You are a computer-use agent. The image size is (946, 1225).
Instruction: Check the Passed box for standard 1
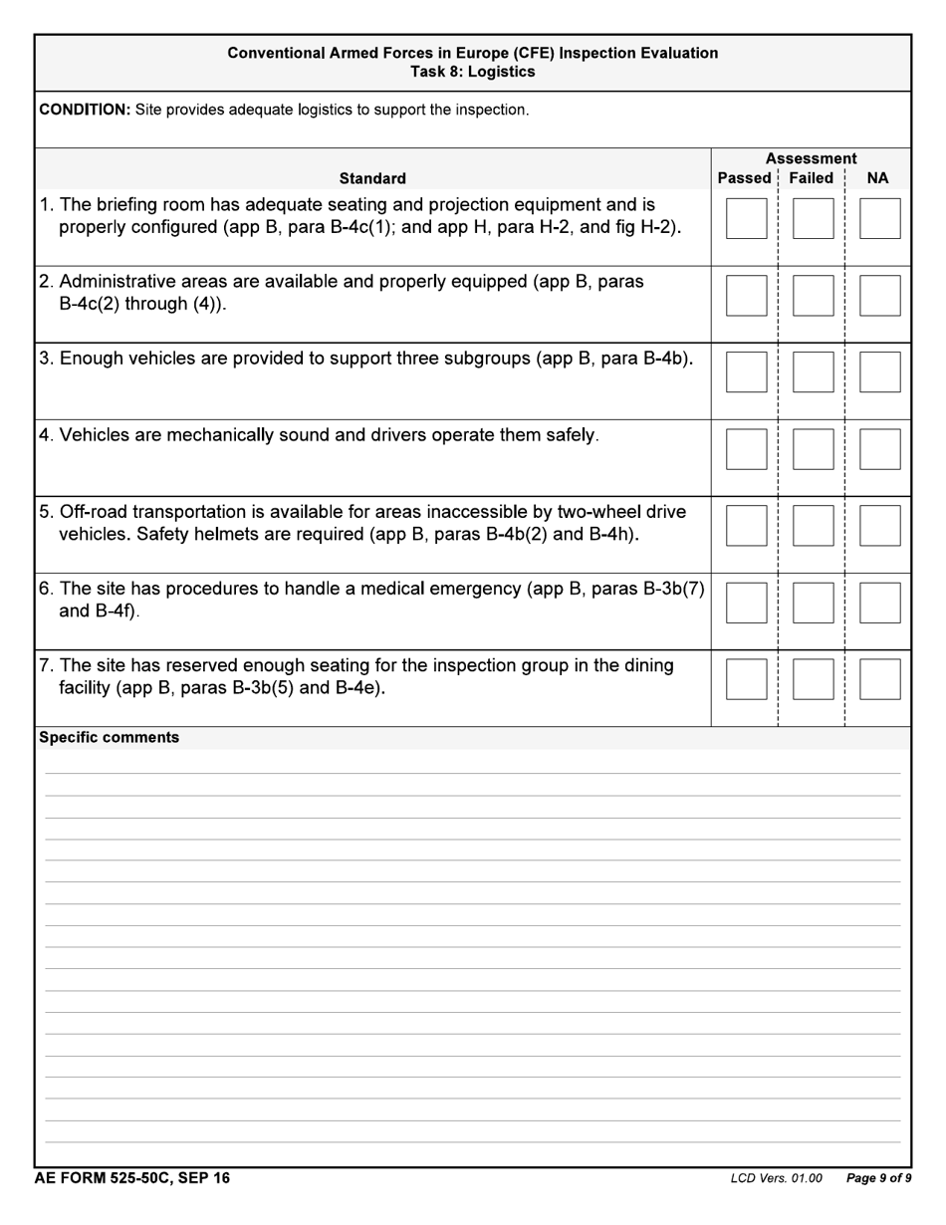pos(746,218)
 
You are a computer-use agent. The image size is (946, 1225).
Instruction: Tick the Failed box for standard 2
pos(813,296)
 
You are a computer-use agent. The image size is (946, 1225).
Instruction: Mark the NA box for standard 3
pos(879,371)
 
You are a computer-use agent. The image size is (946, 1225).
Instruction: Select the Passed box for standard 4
pos(746,449)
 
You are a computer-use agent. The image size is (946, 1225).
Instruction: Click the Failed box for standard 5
pos(813,526)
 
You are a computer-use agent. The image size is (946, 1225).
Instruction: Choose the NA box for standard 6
pos(879,603)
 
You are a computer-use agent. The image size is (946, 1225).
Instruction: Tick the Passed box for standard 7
pos(746,679)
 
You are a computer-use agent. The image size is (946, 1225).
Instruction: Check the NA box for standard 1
pos(879,218)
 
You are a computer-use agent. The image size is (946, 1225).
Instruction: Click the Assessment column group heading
pos(811,158)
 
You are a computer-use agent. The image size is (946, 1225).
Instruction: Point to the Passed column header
pos(744,178)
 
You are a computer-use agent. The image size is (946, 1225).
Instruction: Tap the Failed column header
pos(811,178)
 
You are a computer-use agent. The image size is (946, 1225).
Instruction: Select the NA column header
pos(877,178)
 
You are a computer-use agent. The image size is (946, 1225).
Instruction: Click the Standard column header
pos(372,178)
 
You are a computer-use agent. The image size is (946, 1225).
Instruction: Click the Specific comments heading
pos(109,737)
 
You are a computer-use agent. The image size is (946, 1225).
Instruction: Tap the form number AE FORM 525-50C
pos(131,1178)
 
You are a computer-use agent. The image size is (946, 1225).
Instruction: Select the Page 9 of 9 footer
pos(878,1179)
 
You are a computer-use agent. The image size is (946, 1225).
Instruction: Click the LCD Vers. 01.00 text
pos(776,1179)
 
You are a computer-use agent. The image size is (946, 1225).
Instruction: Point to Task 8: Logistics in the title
pos(472,72)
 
